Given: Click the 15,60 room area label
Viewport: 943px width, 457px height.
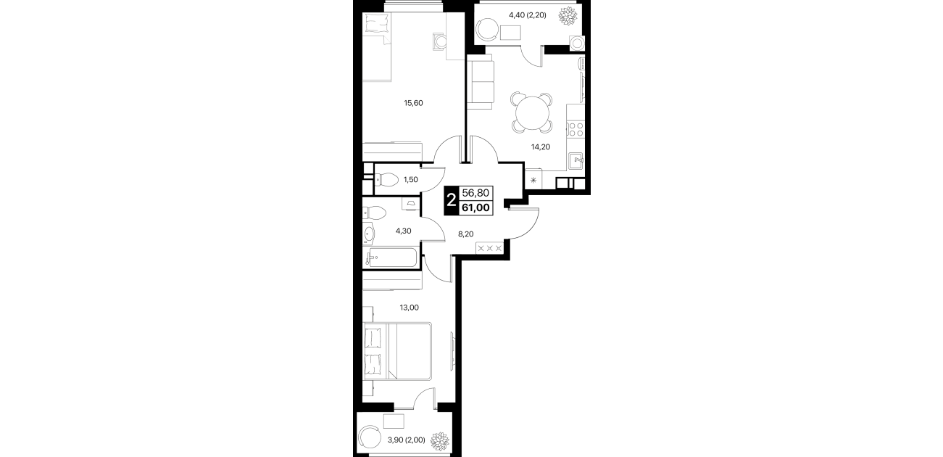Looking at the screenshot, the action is (x=413, y=103).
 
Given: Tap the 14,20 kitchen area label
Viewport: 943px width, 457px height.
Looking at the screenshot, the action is (x=541, y=147).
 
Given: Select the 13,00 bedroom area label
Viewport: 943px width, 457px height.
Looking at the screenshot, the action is (x=410, y=308).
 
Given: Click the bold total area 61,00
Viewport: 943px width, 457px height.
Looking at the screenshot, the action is (x=475, y=207).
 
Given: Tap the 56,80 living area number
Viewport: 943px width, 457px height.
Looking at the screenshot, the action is (x=475, y=193).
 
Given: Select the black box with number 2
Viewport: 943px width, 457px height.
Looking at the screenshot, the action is (x=452, y=200).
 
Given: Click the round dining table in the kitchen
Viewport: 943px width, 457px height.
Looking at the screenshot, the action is (x=533, y=113).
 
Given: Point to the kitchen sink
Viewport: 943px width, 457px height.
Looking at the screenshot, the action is (x=576, y=161).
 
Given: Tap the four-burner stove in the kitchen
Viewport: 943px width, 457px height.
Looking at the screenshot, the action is (x=576, y=129).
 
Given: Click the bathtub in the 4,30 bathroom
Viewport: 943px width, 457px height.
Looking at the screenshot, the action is (x=393, y=258).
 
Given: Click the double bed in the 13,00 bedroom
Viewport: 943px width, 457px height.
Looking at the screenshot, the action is (x=398, y=351).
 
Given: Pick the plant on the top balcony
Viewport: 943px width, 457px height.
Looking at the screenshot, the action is (x=567, y=15).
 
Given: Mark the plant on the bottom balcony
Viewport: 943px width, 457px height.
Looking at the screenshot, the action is (x=439, y=440).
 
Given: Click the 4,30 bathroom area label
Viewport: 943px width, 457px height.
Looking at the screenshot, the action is (x=403, y=231).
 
